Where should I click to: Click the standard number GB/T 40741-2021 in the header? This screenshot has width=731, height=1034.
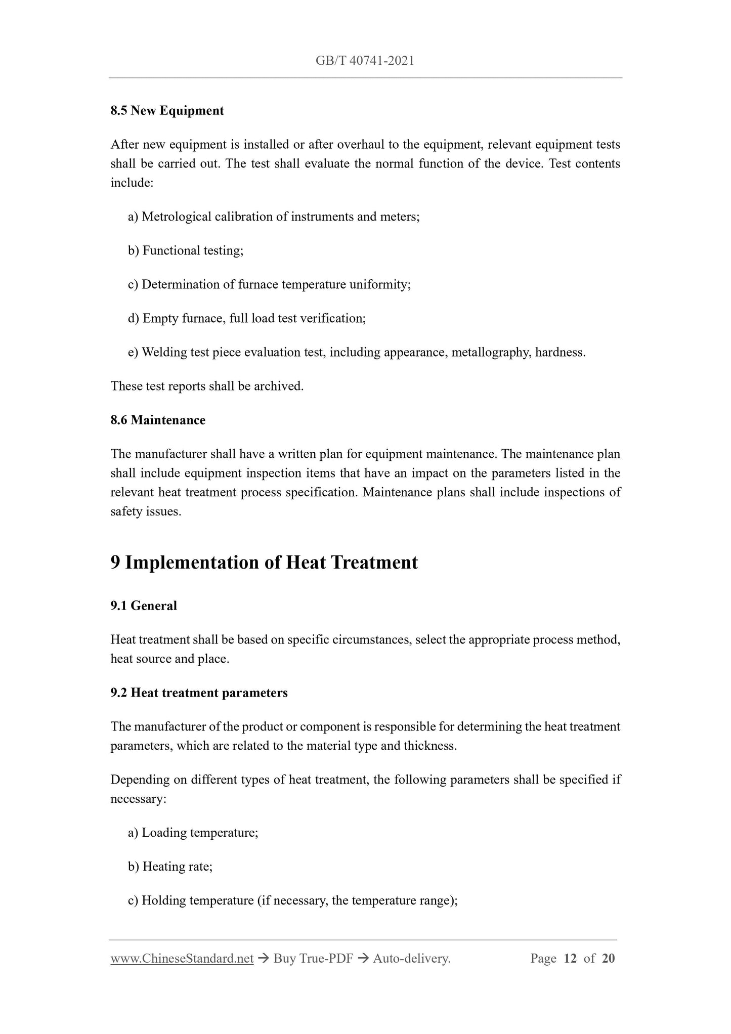(365, 61)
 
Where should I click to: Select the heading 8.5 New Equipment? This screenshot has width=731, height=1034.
(167, 111)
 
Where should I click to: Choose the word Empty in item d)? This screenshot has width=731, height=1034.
(158, 319)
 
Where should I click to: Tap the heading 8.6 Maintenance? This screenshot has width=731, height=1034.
(158, 420)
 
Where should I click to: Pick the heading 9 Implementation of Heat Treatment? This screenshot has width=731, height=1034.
(264, 563)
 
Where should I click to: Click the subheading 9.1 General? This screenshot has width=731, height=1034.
(144, 606)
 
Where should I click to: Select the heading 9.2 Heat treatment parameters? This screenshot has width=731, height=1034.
(199, 693)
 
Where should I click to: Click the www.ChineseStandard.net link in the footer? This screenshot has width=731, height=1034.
(182, 959)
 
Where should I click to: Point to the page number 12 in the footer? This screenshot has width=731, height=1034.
(570, 959)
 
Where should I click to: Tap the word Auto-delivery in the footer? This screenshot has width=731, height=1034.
(410, 959)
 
